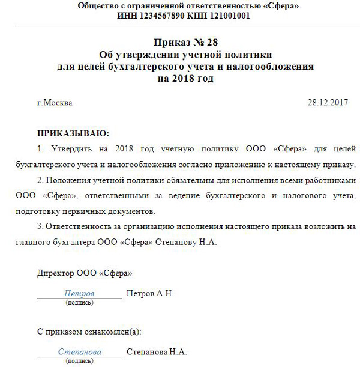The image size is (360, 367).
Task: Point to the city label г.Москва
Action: [x=55, y=103]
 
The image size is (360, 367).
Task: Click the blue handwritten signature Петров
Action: [x=79, y=294]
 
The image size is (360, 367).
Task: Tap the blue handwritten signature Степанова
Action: [x=79, y=352]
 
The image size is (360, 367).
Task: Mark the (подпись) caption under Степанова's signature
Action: [x=79, y=362]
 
